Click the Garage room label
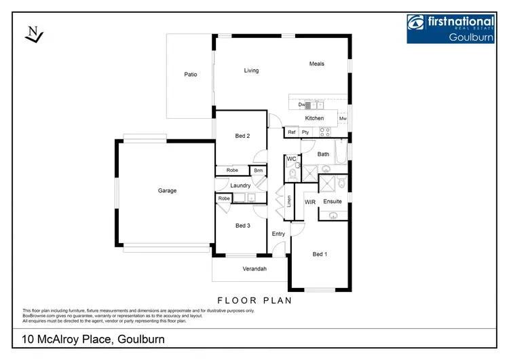pos(167,191)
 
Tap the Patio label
pos(191,74)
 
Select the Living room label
pos(251,71)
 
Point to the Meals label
pos(317,64)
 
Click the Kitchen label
pos(314,118)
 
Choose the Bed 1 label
pos(319,254)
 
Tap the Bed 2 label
pos(242,136)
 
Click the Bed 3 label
pos(242,226)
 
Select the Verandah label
pos(254,269)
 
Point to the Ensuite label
pos(333,202)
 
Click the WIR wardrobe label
pos(310,202)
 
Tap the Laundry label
pos(240,185)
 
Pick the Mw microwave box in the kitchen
pos(343,119)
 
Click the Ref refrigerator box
pos(292,132)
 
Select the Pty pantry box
pos(305,132)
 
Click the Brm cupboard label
pos(258,170)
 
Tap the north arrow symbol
pos(32,35)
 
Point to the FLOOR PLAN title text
pos(254,299)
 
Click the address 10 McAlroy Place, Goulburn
pos(93,339)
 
